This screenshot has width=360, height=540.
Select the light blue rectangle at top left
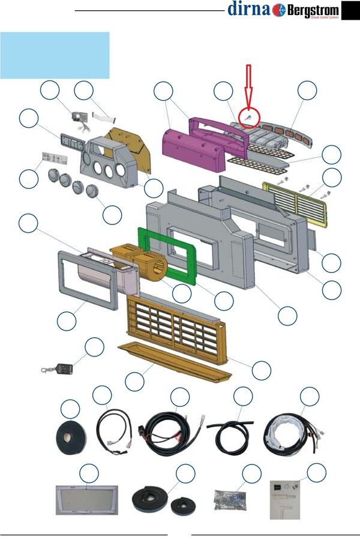[55, 55]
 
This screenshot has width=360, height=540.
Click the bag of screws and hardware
[232, 499]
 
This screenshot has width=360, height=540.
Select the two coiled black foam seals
[162, 501]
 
